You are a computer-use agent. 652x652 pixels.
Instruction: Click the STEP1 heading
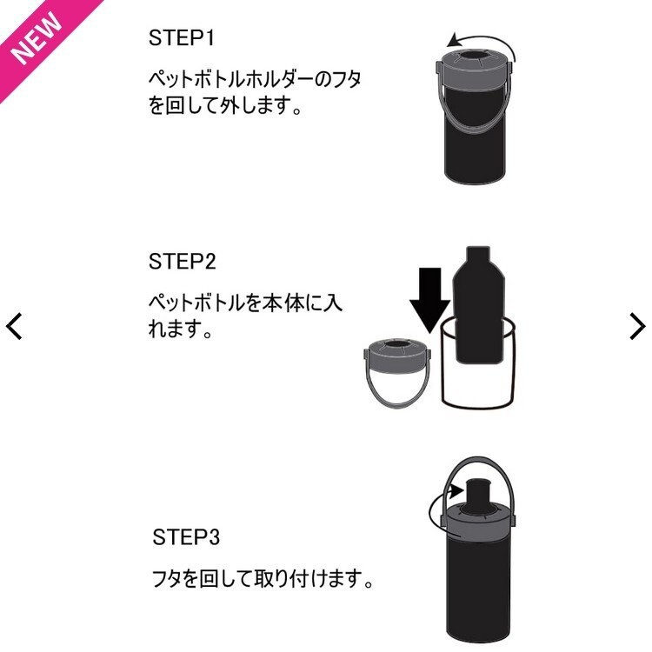182,39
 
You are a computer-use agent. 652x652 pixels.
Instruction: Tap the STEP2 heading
182,262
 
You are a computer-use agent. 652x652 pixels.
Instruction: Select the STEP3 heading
186,536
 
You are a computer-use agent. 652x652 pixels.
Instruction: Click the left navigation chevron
15,326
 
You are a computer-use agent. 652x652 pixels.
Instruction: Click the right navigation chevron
637,326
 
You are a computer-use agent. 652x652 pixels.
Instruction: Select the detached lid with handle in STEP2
396,369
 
